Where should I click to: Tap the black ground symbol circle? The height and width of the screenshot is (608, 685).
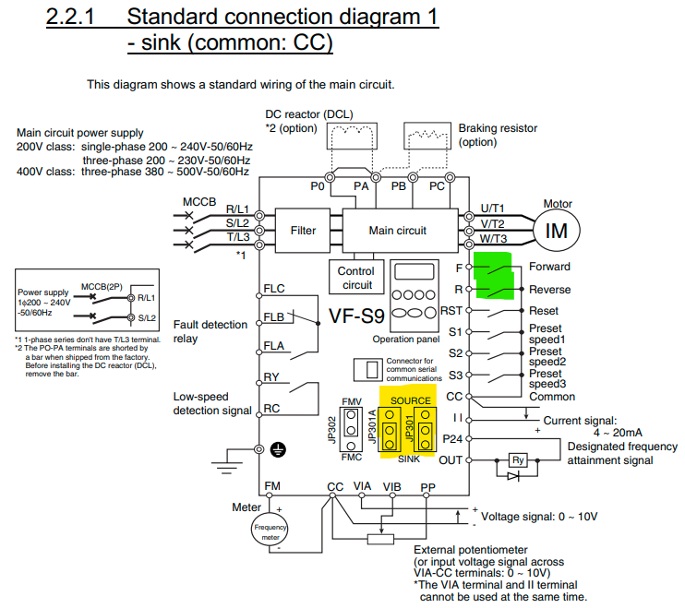(278, 449)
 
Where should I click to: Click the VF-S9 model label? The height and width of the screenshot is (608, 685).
(356, 316)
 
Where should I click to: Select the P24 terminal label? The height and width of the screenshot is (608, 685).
(452, 438)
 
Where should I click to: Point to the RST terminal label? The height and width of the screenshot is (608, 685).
(451, 311)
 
